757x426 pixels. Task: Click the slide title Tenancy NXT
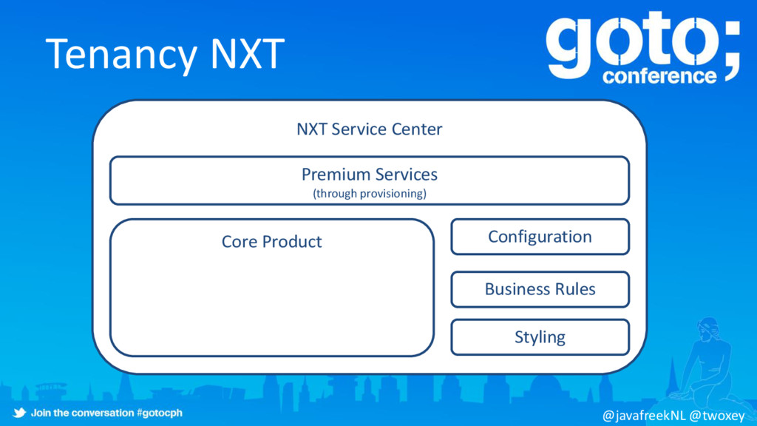(x=164, y=53)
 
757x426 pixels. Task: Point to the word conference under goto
(x=659, y=76)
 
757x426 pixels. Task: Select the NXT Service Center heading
(x=369, y=129)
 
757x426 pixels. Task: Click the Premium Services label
(x=369, y=175)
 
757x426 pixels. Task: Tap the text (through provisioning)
(x=369, y=194)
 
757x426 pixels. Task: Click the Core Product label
(x=271, y=242)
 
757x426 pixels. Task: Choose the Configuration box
(x=540, y=237)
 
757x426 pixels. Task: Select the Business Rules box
(x=540, y=289)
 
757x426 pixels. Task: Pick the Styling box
(x=540, y=337)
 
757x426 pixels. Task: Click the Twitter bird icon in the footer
(x=18, y=413)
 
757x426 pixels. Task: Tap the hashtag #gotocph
(x=160, y=413)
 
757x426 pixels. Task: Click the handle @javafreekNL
(x=644, y=416)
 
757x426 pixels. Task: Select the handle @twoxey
(x=716, y=416)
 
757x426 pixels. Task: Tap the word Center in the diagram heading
(x=417, y=129)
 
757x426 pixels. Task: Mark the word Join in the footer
(x=41, y=413)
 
